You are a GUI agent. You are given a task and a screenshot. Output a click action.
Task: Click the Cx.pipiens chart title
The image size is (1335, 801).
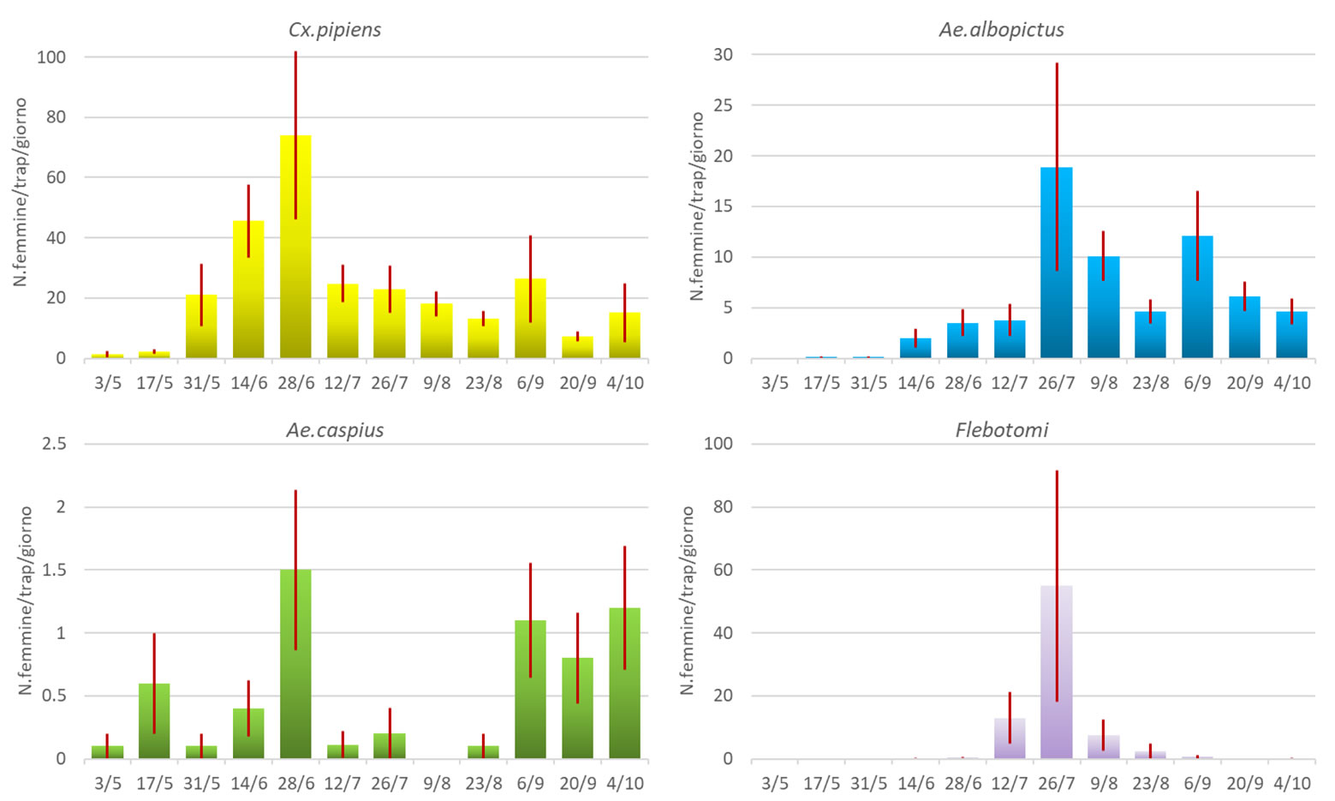pos(334,30)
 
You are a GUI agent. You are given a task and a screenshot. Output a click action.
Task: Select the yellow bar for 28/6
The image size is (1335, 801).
pos(295,248)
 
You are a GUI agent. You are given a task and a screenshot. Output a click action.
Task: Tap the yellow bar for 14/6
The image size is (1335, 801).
pos(248,291)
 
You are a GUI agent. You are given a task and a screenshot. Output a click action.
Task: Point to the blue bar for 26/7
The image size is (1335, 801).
pos(1056,266)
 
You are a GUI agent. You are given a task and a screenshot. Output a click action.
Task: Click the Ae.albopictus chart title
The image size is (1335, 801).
pos(1001,30)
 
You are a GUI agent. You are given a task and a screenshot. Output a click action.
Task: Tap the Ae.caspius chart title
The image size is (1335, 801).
pos(334,430)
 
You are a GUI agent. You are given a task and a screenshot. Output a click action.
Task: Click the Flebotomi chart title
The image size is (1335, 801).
pos(1001,430)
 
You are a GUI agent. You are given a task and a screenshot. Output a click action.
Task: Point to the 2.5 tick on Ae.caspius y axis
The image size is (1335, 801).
pos(54,444)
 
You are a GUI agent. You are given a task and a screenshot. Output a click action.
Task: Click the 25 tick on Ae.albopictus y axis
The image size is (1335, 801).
pos(723,105)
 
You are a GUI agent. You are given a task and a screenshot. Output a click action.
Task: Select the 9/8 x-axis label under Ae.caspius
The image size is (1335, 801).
pos(436,783)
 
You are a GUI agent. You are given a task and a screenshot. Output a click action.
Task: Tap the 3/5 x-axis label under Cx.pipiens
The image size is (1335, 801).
pos(108,383)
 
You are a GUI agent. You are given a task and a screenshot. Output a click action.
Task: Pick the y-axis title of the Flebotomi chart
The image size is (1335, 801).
pos(687,600)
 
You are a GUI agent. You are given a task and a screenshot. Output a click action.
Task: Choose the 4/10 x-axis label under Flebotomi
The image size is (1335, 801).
pos(1291,783)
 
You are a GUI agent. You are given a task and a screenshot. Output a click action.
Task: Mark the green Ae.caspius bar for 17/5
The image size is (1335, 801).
pos(154,721)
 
